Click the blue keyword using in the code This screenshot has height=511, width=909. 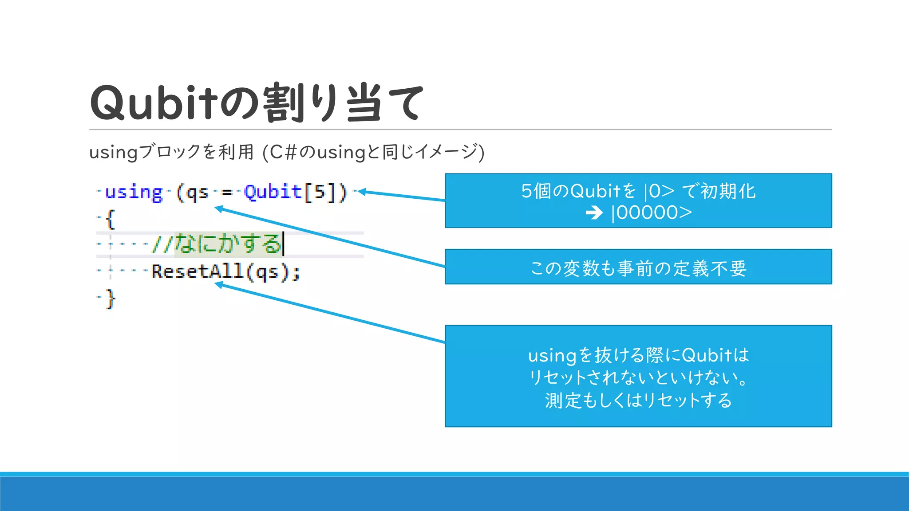pyautogui.click(x=134, y=193)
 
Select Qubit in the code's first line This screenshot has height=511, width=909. pyautogui.click(x=273, y=192)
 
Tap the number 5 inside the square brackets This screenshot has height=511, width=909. pyautogui.click(x=319, y=192)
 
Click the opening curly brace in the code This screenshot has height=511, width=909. pyautogui.click(x=111, y=219)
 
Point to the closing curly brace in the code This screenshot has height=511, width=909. pyautogui.click(x=111, y=299)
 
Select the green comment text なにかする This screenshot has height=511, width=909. pyautogui.click(x=228, y=244)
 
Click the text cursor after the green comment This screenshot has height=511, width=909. pyautogui.click(x=284, y=244)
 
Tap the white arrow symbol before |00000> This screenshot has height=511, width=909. pyautogui.click(x=594, y=213)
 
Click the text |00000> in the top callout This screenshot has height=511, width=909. pyautogui.click(x=652, y=213)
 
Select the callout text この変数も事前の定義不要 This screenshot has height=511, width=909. pyautogui.click(x=638, y=268)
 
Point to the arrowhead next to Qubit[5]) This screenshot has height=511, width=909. pyautogui.click(x=361, y=192)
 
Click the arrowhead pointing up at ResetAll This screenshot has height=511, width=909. pyautogui.click(x=218, y=285)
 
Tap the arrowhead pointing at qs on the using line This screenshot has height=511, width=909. pyautogui.click(x=218, y=208)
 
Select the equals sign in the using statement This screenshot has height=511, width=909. pyautogui.click(x=227, y=193)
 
